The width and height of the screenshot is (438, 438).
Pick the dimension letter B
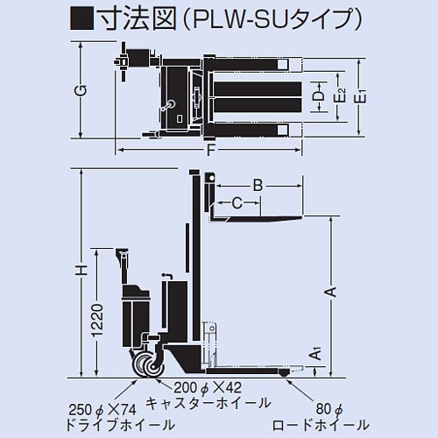pyautogui.click(x=258, y=185)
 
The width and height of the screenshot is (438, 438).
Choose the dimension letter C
pyautogui.click(x=237, y=203)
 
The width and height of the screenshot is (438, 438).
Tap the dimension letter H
pyautogui.click(x=80, y=272)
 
